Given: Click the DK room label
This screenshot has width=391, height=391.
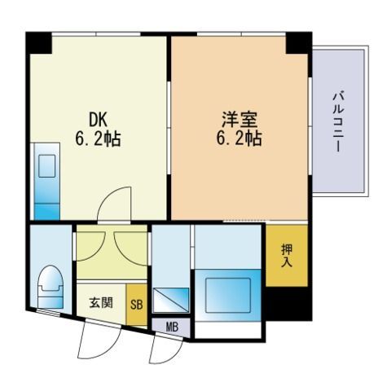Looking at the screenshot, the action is (98, 120).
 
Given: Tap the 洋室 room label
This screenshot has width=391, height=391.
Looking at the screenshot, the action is (239, 120).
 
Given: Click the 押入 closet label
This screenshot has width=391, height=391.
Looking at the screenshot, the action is (287, 255).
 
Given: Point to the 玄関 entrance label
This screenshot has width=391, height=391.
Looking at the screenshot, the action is (101, 302).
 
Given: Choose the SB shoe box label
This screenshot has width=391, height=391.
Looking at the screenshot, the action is (137, 305).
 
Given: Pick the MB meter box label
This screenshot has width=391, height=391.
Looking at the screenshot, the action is (172, 327).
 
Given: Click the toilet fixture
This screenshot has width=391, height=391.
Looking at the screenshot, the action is (51, 287).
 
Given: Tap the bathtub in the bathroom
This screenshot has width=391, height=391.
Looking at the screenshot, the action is (228, 295).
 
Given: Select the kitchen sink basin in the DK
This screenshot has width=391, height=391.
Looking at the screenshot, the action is (47, 166).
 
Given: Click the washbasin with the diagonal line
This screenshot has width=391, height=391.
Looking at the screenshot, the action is (171, 300).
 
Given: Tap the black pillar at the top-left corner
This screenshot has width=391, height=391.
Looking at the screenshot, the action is (38, 43).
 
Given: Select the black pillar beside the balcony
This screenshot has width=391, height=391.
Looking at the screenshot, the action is (299, 43).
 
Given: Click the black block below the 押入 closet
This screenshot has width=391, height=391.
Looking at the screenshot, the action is (288, 304).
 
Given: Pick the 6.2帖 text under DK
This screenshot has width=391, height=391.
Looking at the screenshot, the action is (98, 138).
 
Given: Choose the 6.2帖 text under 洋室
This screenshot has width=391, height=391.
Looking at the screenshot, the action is (239, 138).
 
